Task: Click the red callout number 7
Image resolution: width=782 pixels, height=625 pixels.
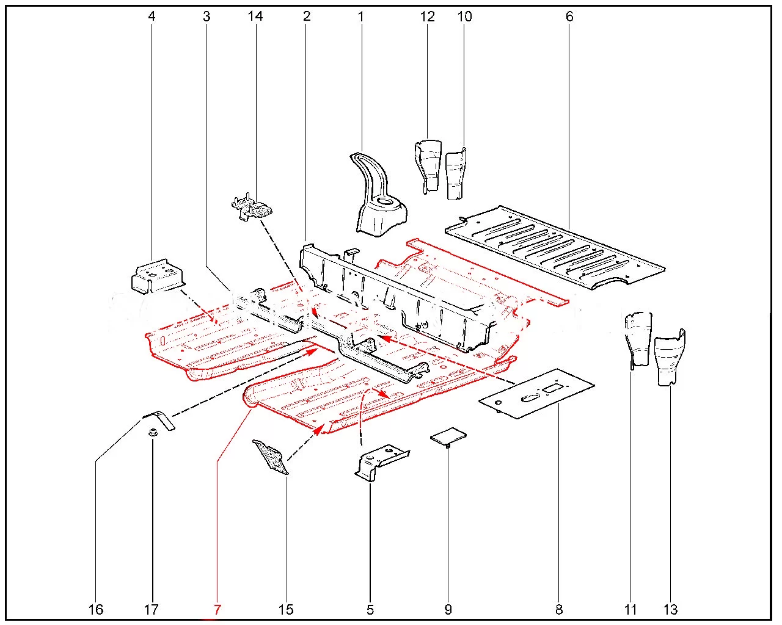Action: [x=217, y=609]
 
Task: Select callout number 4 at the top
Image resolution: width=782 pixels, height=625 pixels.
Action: [x=152, y=16]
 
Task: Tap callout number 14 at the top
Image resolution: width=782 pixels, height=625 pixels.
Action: [x=255, y=16]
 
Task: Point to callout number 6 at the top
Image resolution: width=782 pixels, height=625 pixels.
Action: [x=569, y=16]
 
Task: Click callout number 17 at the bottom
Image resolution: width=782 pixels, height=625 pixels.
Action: [x=151, y=609]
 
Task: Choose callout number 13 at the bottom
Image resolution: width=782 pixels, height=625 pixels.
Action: [x=670, y=609]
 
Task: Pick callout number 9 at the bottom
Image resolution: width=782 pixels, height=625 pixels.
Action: [x=448, y=609]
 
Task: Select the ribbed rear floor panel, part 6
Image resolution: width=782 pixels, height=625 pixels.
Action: [x=556, y=247]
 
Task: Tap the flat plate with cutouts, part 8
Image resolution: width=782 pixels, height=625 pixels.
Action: [x=538, y=394]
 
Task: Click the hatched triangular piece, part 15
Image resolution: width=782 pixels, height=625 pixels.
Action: [x=271, y=455]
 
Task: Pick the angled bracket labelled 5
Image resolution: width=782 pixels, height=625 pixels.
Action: [x=379, y=463]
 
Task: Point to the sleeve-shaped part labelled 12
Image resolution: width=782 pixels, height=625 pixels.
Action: [x=428, y=165]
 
